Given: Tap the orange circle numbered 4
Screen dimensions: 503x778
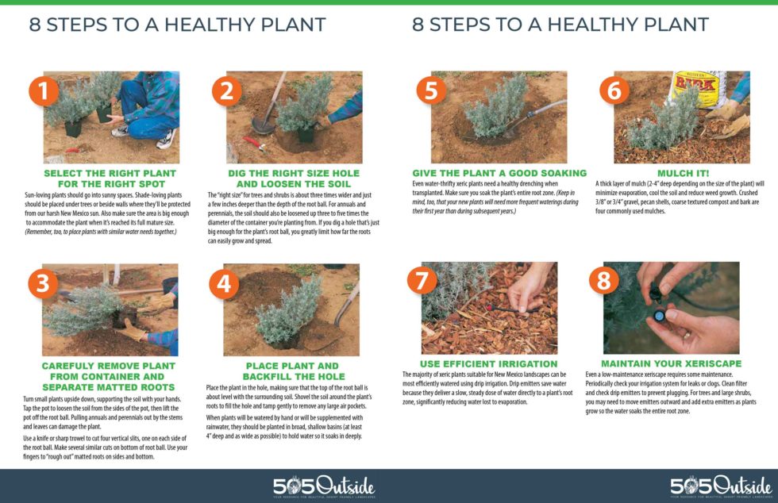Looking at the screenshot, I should tap(225, 284).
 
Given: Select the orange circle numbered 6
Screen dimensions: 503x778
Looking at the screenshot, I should tap(614, 90).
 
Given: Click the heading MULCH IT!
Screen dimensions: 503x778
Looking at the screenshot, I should tap(680, 172).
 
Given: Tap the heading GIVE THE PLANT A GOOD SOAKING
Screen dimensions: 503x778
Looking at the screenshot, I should tap(499, 173).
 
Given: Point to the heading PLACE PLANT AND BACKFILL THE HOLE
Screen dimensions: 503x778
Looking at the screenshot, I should tap(294, 371).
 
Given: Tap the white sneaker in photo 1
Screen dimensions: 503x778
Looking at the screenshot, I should tap(165, 141).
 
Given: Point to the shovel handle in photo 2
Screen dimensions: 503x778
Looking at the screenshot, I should tap(268, 99).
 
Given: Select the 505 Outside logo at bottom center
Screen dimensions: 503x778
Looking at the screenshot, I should tap(323, 486).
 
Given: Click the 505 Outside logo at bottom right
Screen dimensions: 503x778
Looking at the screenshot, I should tap(720, 486).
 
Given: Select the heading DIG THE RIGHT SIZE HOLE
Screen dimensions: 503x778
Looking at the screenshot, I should tap(294, 173).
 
